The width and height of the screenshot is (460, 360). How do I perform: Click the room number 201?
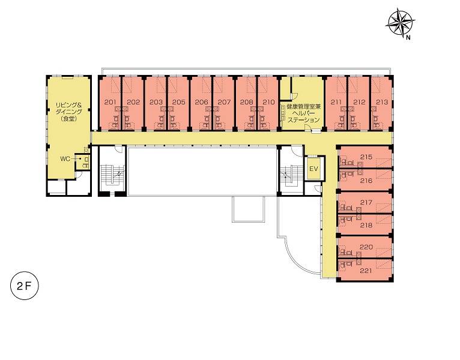click(110, 102)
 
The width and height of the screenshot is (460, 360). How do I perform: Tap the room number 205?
click(179, 102)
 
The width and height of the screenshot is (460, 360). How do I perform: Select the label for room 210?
click(268, 102)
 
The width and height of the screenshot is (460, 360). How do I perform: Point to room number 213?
click(382, 102)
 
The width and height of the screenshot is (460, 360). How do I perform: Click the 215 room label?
click(366, 157)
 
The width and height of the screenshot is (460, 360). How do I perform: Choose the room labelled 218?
click(366, 225)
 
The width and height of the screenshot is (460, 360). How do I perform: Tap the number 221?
click(366, 271)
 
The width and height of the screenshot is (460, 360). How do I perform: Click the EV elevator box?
click(314, 169)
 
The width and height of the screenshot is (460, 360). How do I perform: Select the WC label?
click(65, 159)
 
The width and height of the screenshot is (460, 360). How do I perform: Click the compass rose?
click(400, 22)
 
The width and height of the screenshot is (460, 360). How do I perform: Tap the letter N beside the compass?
click(408, 37)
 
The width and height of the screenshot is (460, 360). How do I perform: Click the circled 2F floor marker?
click(25, 286)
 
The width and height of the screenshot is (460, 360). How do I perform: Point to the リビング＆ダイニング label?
click(69, 108)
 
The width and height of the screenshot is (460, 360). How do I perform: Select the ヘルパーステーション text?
click(304, 116)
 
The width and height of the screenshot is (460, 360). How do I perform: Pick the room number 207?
click(224, 102)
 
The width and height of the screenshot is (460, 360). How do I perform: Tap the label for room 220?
click(366, 247)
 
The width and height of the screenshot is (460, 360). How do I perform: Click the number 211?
click(336, 102)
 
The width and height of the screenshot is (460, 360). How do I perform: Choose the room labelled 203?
click(156, 102)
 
